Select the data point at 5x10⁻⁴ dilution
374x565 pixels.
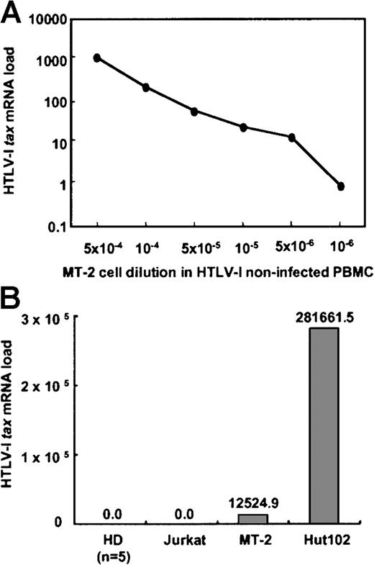97,58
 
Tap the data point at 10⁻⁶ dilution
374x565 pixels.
341,186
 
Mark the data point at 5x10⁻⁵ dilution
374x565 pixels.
194,112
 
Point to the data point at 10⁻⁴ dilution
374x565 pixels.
146,88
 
